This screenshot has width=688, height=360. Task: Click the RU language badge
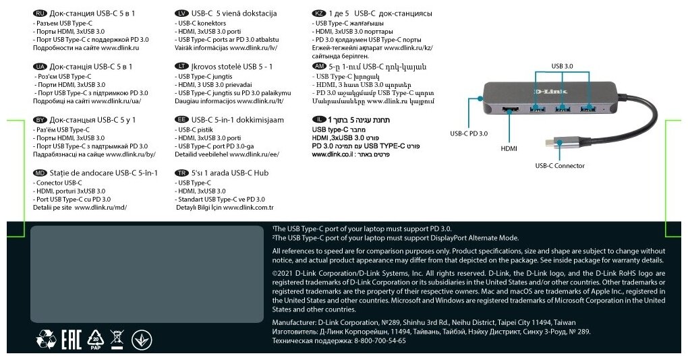pyautogui.click(x=40, y=13)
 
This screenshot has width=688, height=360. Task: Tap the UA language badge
pyautogui.click(x=40, y=67)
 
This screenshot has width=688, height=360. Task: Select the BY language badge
pyautogui.click(x=40, y=119)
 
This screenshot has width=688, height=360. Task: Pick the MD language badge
pyautogui.click(x=40, y=173)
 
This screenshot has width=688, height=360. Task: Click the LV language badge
pyautogui.click(x=181, y=13)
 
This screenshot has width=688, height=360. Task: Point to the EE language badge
pyautogui.click(x=181, y=119)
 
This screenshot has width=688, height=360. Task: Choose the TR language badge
pyautogui.click(x=181, y=173)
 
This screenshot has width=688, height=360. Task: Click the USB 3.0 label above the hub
pyautogui.click(x=562, y=66)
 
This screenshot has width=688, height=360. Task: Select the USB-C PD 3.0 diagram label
pyautogui.click(x=469, y=133)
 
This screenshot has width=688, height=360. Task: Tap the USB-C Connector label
pyautogui.click(x=560, y=166)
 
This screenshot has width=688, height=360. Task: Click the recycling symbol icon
pyautogui.click(x=46, y=338)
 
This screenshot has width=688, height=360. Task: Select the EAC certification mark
pyautogui.click(x=72, y=338)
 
